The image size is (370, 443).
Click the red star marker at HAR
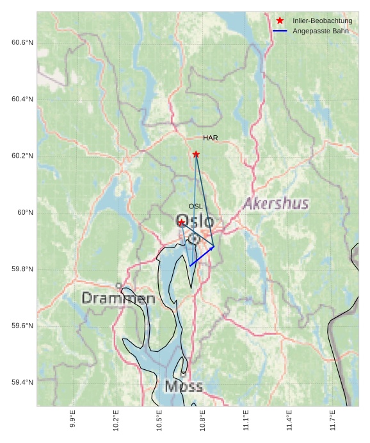coord(196,155)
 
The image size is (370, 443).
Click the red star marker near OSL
coord(182,222)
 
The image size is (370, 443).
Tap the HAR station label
coord(211,138)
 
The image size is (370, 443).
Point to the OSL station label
coord(195,206)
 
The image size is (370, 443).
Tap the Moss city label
coord(184,387)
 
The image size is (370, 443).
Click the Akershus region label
coord(276,204)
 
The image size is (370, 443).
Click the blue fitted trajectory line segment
coord(202,256)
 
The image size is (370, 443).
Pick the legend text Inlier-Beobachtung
coord(322,21)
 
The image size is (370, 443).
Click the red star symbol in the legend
coord(280,21)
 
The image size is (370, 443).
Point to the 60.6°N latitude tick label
coord(22,42)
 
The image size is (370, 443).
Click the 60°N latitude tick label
coord(26,212)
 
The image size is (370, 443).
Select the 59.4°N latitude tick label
coord(22,382)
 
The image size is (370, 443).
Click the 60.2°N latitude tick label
coord(22,156)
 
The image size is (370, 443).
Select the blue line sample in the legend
coord(280,31)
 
